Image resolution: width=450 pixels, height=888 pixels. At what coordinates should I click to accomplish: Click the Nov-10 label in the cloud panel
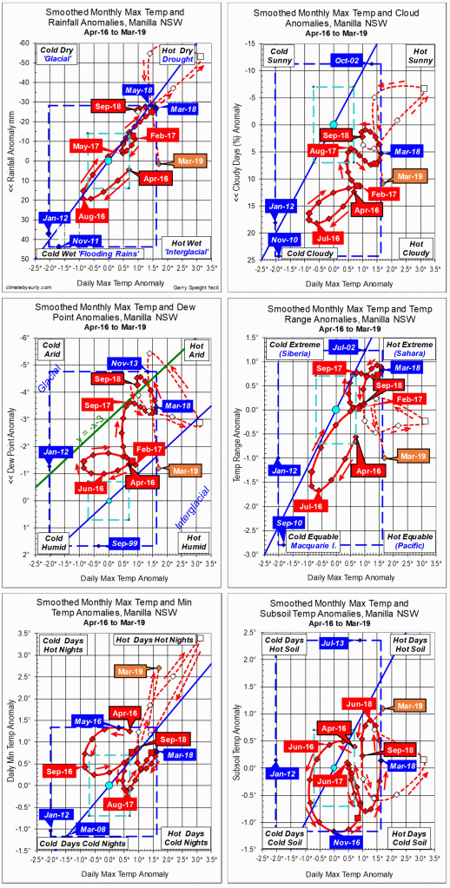(x=281, y=239)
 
